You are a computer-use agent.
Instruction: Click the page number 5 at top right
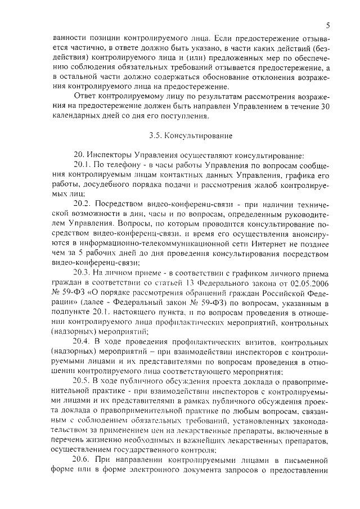click(327, 25)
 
